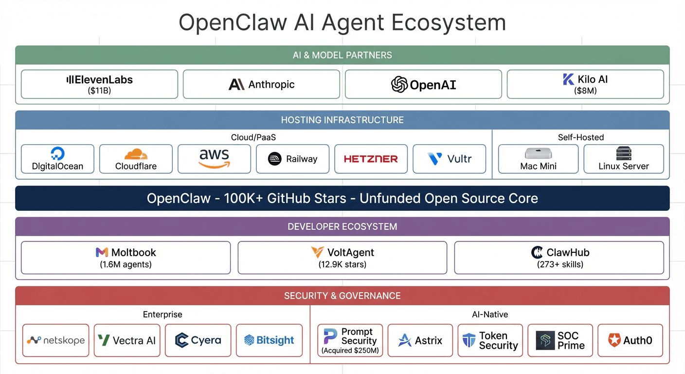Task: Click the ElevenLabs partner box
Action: tap(99, 84)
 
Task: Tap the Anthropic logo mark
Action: tap(236, 85)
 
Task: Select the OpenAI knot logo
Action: tap(399, 85)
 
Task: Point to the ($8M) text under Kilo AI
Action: tap(585, 91)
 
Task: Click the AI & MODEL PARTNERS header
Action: tap(342, 55)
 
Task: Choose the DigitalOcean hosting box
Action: tap(57, 159)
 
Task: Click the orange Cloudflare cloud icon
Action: tap(136, 154)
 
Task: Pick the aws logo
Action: tap(214, 158)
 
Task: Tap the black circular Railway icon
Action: tap(275, 159)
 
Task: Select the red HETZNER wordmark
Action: tap(371, 159)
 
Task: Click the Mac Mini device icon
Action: tap(538, 153)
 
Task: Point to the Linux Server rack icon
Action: tap(623, 153)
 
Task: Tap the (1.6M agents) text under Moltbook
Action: tap(126, 265)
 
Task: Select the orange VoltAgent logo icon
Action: tap(317, 252)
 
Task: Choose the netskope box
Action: tap(56, 340)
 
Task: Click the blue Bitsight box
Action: tap(269, 340)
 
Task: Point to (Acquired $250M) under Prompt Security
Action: tap(350, 351)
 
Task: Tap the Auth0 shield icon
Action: tap(614, 340)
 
